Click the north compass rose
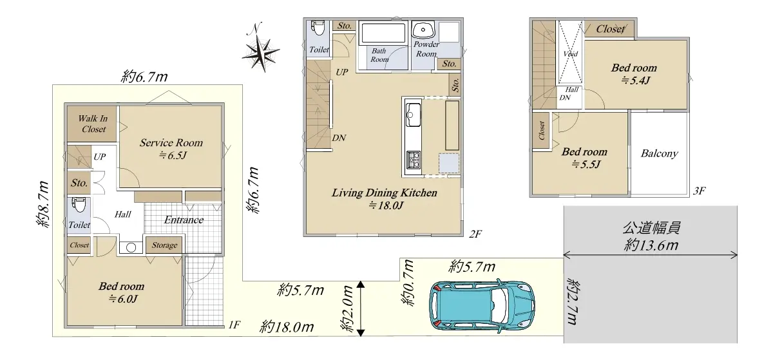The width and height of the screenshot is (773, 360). click(260, 52)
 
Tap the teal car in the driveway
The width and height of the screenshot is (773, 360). click(482, 306)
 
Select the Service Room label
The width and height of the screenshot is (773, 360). click(171, 143)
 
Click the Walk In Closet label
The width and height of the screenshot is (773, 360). click(93, 124)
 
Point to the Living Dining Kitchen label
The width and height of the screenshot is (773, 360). click(385, 193)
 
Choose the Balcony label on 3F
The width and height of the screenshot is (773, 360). click(660, 153)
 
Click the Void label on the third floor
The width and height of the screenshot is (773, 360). click(571, 54)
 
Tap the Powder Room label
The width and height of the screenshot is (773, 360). click(426, 50)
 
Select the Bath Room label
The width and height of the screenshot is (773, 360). click(379, 55)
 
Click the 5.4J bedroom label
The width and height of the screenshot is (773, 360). click(634, 74)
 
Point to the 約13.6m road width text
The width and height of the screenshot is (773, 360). click(651, 245)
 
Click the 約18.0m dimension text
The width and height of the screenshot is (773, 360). click(287, 327)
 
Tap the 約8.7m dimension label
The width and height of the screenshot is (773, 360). click(43, 204)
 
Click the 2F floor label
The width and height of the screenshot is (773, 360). click(475, 234)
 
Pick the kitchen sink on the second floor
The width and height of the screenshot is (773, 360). click(413, 115)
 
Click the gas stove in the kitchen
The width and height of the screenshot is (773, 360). click(414, 160)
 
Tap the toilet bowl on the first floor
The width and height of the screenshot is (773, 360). click(79, 204)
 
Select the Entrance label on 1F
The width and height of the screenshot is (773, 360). click(184, 220)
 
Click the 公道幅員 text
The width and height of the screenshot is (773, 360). click(651, 228)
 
